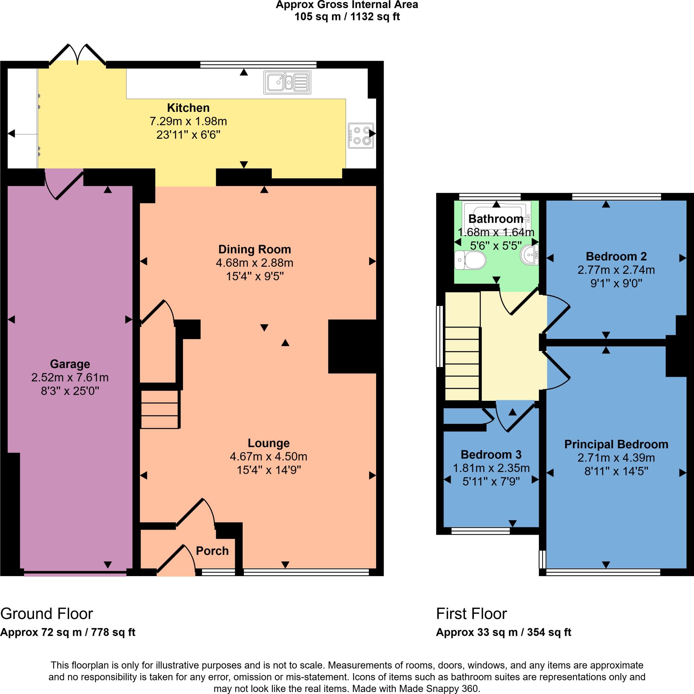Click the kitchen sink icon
pos(287,82)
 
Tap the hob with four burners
pos(361,136)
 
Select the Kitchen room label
pos(188,108)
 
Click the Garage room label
pos(70,364)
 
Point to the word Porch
pos(212,551)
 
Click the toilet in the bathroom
pos(470,260)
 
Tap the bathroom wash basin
pos(530,255)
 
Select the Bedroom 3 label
pos(491,454)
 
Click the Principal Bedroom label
pos(616,444)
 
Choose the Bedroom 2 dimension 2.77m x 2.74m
pos(616,270)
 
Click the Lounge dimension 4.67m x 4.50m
pos(268,456)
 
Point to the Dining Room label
pos(255,249)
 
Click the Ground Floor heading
pos(47,614)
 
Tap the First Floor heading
pos(471,614)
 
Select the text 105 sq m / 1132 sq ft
pos(347,17)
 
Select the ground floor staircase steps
pos(160,409)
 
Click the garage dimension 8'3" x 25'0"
pos(70,391)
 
